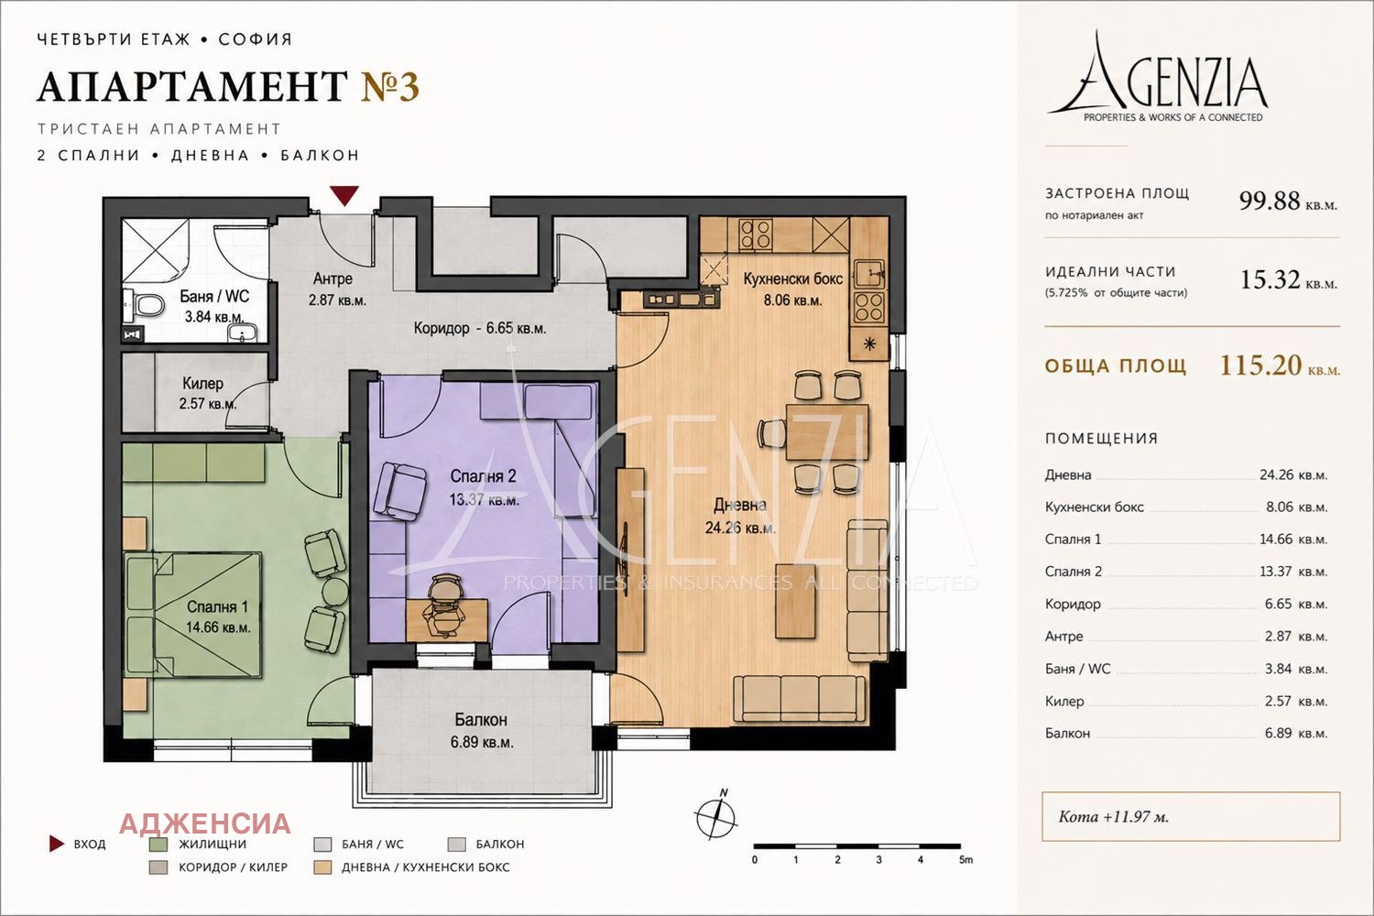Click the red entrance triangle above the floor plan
(x=344, y=196)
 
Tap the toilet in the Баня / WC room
(x=147, y=304)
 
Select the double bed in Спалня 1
(x=192, y=615)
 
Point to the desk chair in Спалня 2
(x=446, y=604)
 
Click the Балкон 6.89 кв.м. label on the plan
(x=482, y=730)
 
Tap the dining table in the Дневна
(x=827, y=431)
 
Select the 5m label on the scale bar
(x=965, y=859)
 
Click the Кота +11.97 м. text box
(x=1191, y=816)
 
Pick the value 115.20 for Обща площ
(x=1260, y=365)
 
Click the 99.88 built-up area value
(x=1269, y=201)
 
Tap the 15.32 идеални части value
(x=1270, y=279)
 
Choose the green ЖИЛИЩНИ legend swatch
(x=158, y=845)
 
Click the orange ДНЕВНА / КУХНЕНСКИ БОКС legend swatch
(x=322, y=867)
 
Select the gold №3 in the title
(x=390, y=86)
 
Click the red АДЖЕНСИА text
(x=205, y=824)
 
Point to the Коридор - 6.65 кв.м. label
(x=480, y=328)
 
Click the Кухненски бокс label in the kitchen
(x=792, y=279)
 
